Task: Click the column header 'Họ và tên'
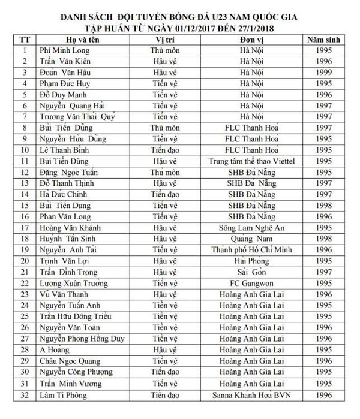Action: click(60, 40)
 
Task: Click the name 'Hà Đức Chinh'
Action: click(65, 194)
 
